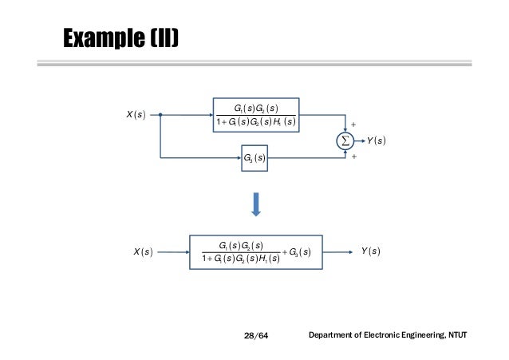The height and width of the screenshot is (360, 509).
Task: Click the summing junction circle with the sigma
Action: (345, 141)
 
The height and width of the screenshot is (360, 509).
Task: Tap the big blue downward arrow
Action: (256, 204)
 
